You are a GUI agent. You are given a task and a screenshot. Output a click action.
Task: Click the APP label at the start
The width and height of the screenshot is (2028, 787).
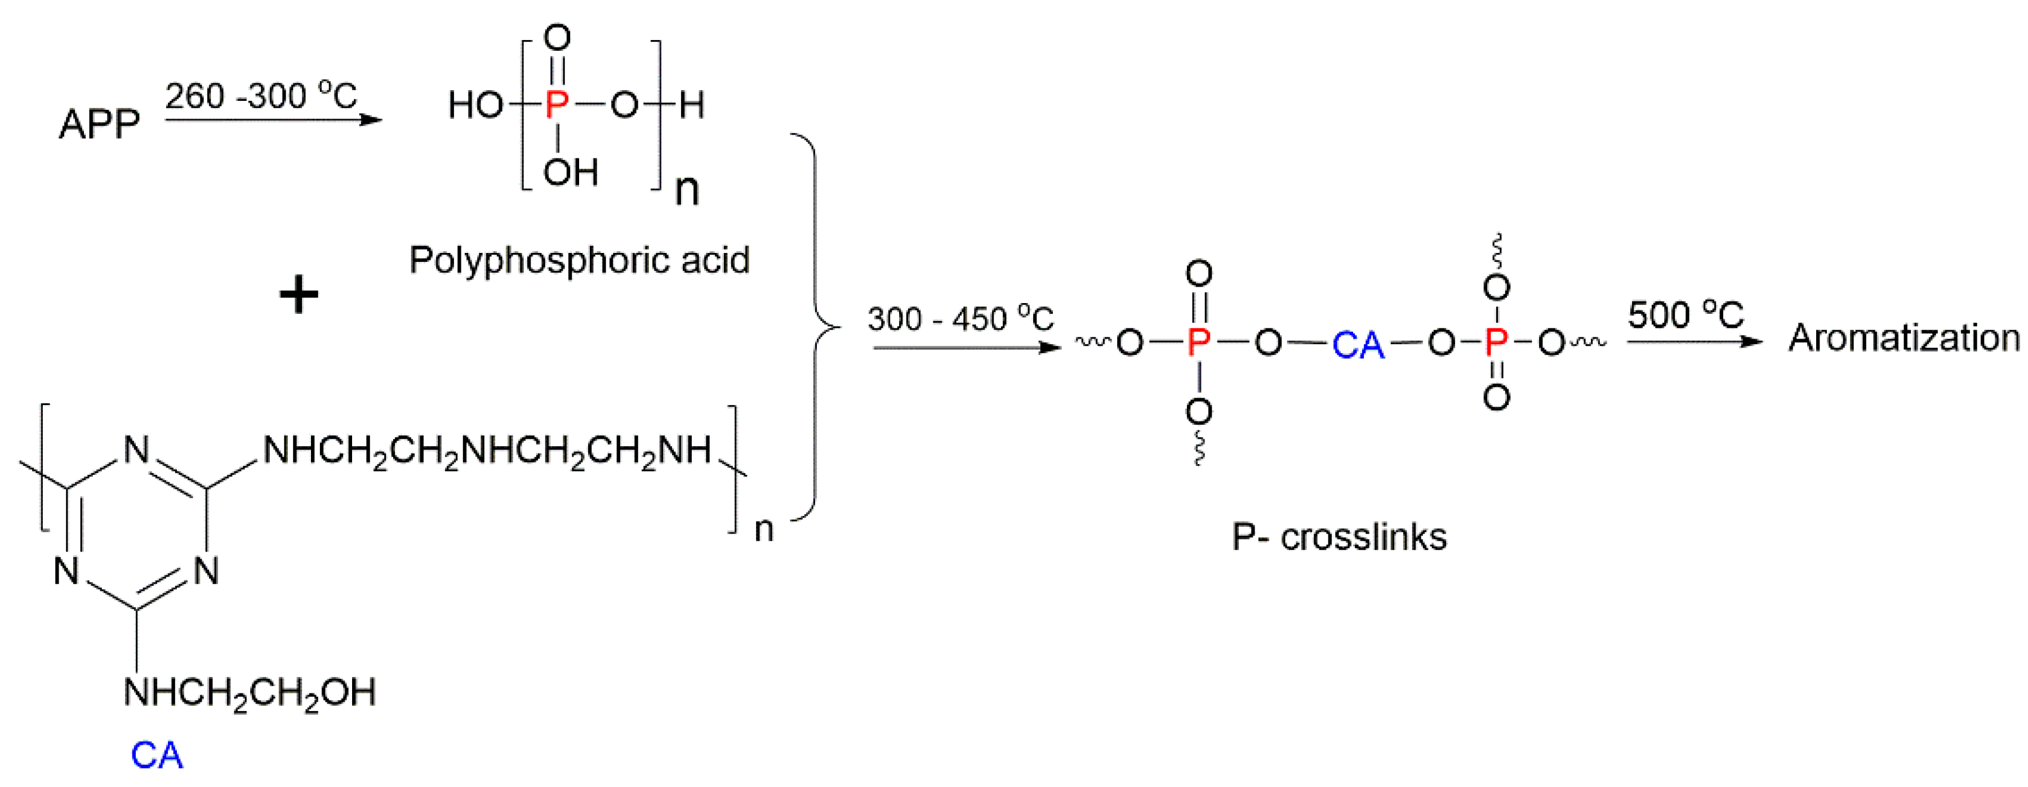coord(99,125)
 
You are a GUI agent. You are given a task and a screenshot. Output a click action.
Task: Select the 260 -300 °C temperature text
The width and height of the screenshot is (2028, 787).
coord(261,96)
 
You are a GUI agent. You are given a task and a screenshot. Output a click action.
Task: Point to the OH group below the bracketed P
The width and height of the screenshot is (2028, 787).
coord(571,172)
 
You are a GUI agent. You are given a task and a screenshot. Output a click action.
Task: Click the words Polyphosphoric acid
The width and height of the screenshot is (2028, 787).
coord(580,260)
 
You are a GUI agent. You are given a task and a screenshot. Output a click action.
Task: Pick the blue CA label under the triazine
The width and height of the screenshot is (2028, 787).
coord(157,755)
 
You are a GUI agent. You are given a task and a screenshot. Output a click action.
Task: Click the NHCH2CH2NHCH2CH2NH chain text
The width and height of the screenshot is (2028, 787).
coord(487,451)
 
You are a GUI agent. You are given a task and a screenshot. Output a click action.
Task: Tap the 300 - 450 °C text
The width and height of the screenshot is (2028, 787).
coord(960,319)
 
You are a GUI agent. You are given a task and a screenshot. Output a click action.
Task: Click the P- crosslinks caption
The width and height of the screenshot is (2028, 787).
coord(1339,537)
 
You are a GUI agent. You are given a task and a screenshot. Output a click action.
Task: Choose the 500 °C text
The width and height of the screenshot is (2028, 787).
coord(1685,315)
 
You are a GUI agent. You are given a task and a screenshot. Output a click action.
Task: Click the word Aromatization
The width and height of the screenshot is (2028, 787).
coord(1904,339)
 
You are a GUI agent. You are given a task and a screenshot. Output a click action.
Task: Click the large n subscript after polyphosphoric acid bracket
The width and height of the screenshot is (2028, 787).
coord(687,190)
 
